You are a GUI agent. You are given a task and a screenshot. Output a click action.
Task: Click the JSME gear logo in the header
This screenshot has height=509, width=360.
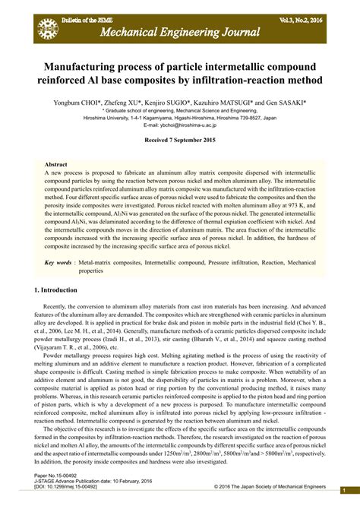(x=47, y=29)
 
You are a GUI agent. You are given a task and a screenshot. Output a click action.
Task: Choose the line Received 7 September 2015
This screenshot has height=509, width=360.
(x=179, y=141)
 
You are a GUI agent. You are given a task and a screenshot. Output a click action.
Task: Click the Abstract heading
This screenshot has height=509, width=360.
(x=56, y=164)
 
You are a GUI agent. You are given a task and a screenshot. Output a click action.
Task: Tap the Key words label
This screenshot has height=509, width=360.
(x=58, y=262)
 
